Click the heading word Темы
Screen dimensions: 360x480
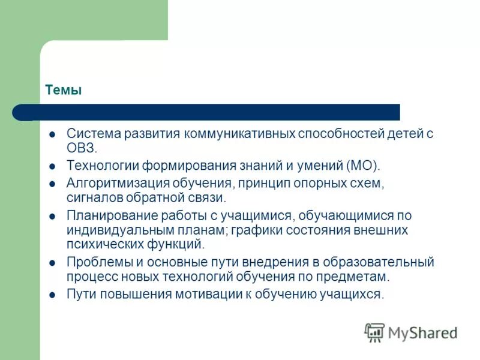pyautogui.click(x=63, y=91)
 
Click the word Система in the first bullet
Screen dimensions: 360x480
pyautogui.click(x=93, y=133)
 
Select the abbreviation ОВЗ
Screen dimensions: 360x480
pyautogui.click(x=80, y=148)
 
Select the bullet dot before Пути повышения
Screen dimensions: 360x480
pyautogui.click(x=53, y=295)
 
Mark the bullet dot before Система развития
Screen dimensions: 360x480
pyautogui.click(x=53, y=134)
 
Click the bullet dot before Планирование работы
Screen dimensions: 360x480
pyautogui.click(x=53, y=215)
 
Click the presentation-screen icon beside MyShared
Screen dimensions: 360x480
pyautogui.click(x=374, y=332)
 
